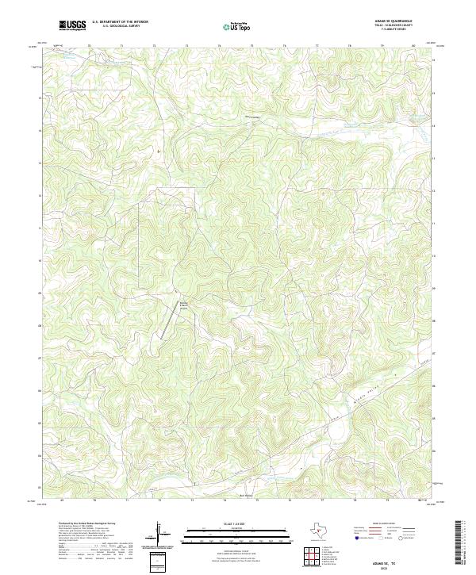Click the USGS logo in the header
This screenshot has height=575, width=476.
(x=73, y=25)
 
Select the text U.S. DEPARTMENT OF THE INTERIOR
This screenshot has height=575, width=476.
(x=120, y=22)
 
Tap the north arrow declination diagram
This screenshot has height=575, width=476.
(x=159, y=533)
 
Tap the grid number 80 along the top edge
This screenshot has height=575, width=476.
(x=414, y=46)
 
